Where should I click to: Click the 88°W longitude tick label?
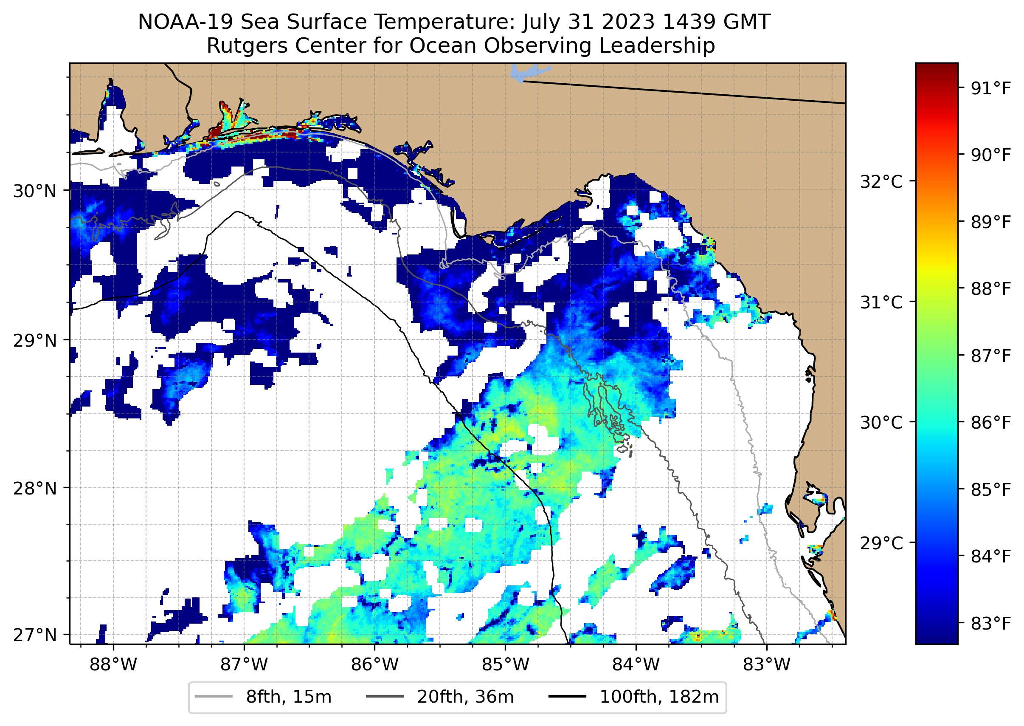point(113,664)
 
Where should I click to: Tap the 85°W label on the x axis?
point(505,664)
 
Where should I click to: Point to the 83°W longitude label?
point(767,664)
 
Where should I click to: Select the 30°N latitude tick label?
point(35,191)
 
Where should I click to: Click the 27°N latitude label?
point(35,635)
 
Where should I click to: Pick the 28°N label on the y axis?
point(35,488)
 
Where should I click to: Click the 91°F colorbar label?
point(990,88)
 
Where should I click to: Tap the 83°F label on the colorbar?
point(990,623)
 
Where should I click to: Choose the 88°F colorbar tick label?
point(990,289)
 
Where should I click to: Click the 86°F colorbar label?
point(990,422)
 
